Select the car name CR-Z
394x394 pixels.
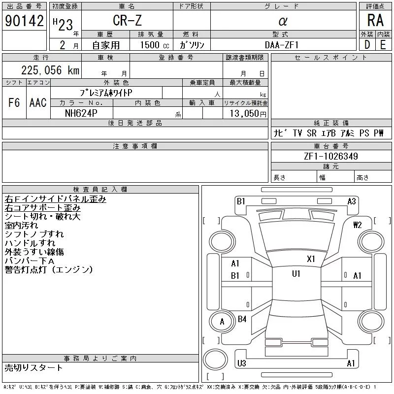pos(127,21)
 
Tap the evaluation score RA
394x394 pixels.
pos(375,21)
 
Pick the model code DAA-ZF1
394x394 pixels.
pos(282,45)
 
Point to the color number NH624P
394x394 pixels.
pos(81,113)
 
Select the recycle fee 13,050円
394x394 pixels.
pos(246,113)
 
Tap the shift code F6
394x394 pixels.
pos(14,102)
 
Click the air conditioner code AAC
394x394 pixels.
pos(38,102)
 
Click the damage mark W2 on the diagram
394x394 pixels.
pos(358,225)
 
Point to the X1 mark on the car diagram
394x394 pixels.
pos(311,259)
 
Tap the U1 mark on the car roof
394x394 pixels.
pos(296,274)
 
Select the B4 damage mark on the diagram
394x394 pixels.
pos(242,319)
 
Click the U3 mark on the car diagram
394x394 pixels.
pos(241,363)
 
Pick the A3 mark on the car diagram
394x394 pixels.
pos(352,201)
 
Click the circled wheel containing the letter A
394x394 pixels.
pos(222,322)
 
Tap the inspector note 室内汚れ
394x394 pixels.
pos(21,225)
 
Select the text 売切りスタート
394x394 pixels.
pos(33,367)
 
